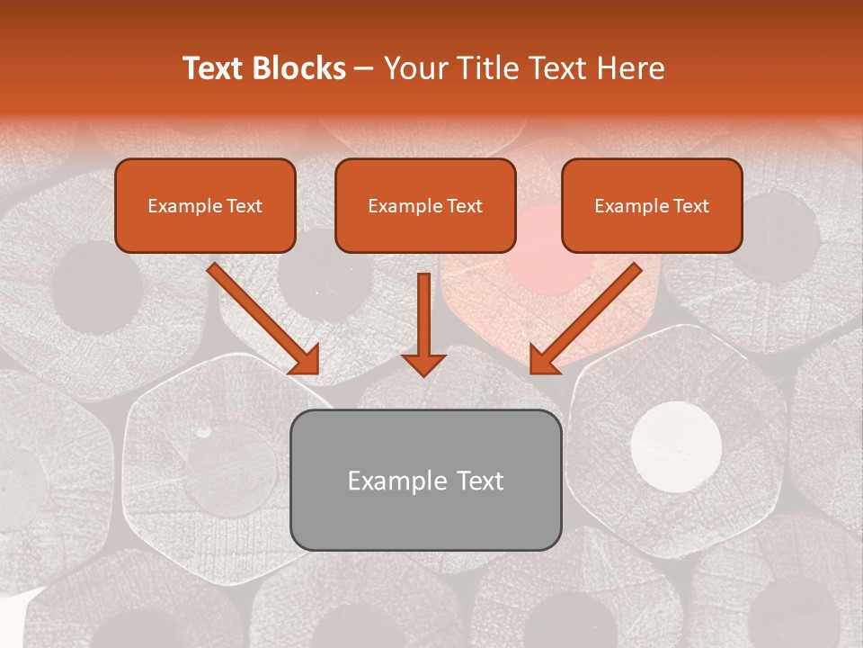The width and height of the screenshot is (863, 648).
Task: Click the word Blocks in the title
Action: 298,68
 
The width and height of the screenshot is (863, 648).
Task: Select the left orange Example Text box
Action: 205,205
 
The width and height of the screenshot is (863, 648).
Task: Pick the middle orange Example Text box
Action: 425,205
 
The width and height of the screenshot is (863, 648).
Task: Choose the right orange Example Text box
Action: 652,205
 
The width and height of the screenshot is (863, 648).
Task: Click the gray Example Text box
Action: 425,480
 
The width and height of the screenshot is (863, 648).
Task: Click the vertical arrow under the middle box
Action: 423,324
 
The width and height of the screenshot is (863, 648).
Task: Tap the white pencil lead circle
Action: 676,445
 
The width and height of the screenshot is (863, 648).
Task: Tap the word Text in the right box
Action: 690,206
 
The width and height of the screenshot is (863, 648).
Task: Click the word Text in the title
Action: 216,68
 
